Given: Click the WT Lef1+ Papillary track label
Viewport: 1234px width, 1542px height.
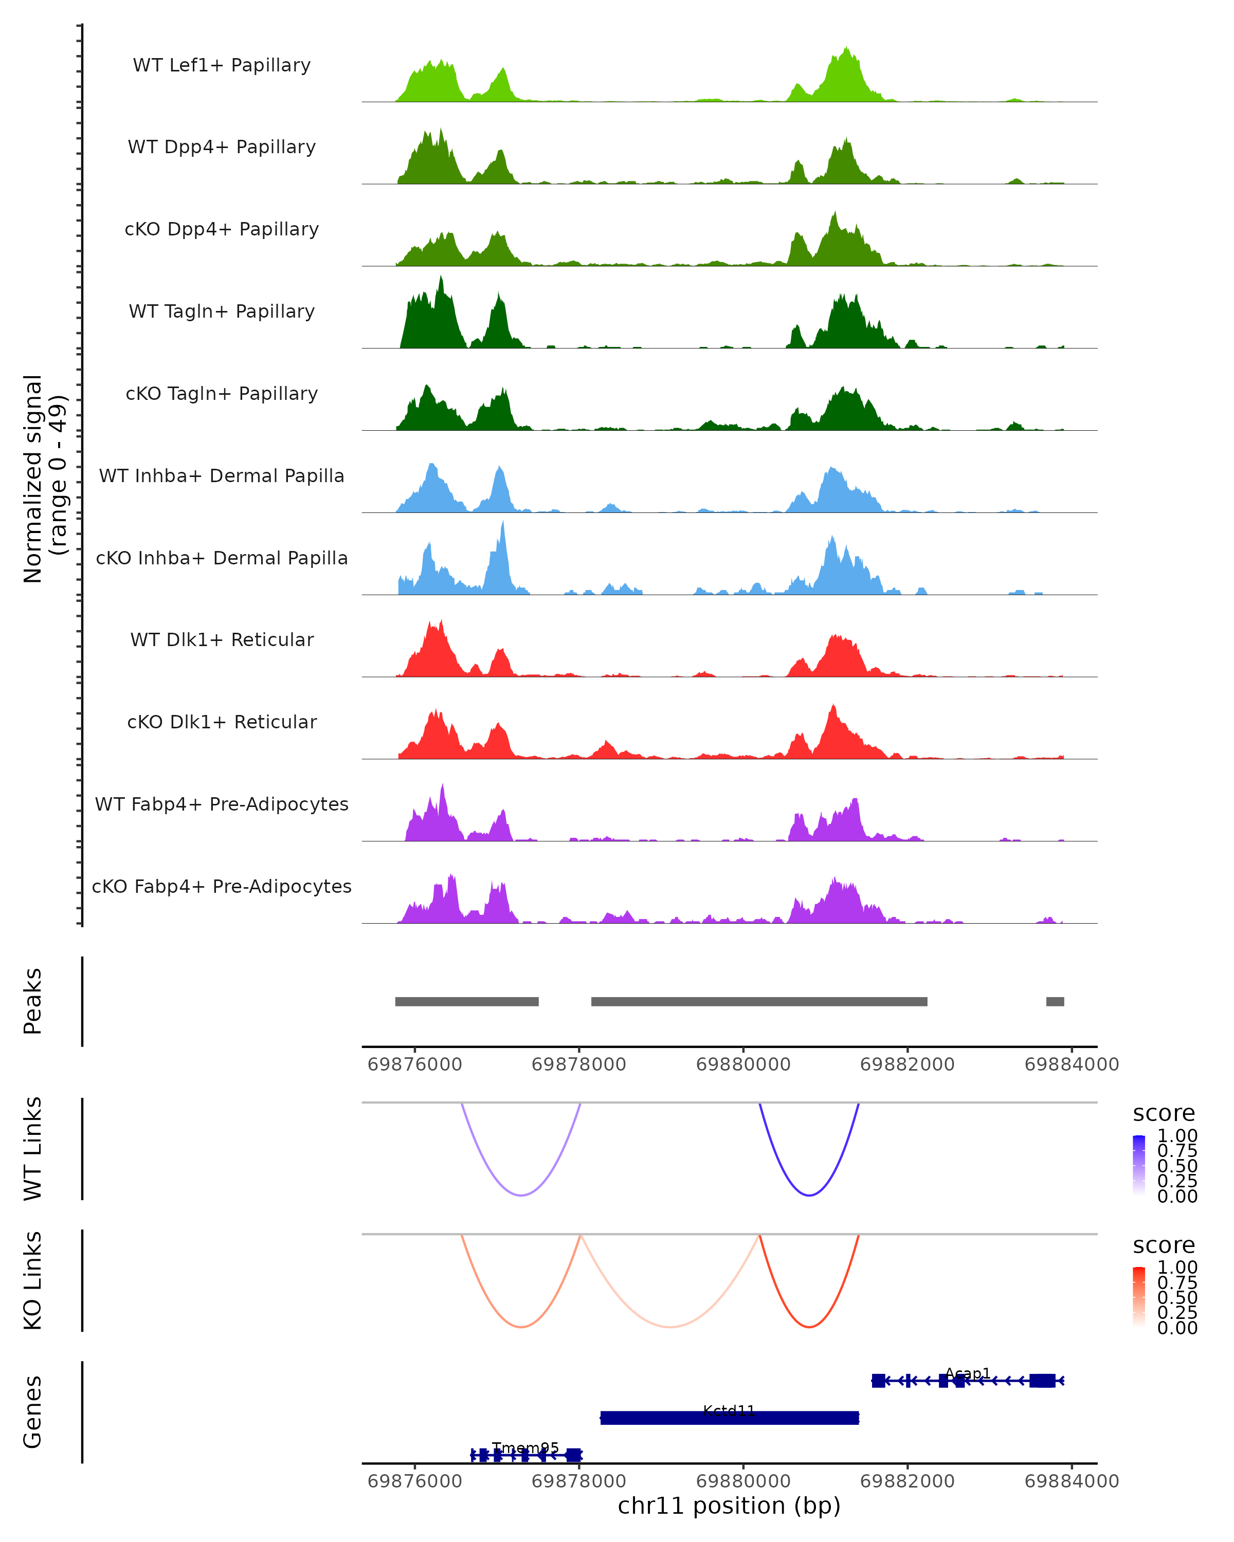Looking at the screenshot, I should (222, 65).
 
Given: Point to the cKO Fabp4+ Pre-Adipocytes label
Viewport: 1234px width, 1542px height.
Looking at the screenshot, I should (222, 886).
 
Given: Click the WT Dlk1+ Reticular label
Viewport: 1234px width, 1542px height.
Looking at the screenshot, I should (222, 639).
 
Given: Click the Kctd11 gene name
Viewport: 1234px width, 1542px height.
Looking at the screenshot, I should (729, 1410).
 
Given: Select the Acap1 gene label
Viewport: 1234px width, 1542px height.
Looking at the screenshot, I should (967, 1373).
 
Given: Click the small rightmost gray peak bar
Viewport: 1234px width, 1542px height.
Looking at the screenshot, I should (1055, 1001).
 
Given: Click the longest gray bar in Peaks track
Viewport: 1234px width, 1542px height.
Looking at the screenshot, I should (759, 1001).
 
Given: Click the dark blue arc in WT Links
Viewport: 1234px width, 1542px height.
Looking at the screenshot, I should (809, 1195).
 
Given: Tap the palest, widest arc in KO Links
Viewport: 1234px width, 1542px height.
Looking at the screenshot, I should (670, 1327).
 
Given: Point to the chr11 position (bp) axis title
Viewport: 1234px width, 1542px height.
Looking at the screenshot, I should (729, 1506).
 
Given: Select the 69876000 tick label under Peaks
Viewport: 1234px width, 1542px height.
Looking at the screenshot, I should (415, 1064).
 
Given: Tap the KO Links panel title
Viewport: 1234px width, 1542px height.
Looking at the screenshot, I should (33, 1280).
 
